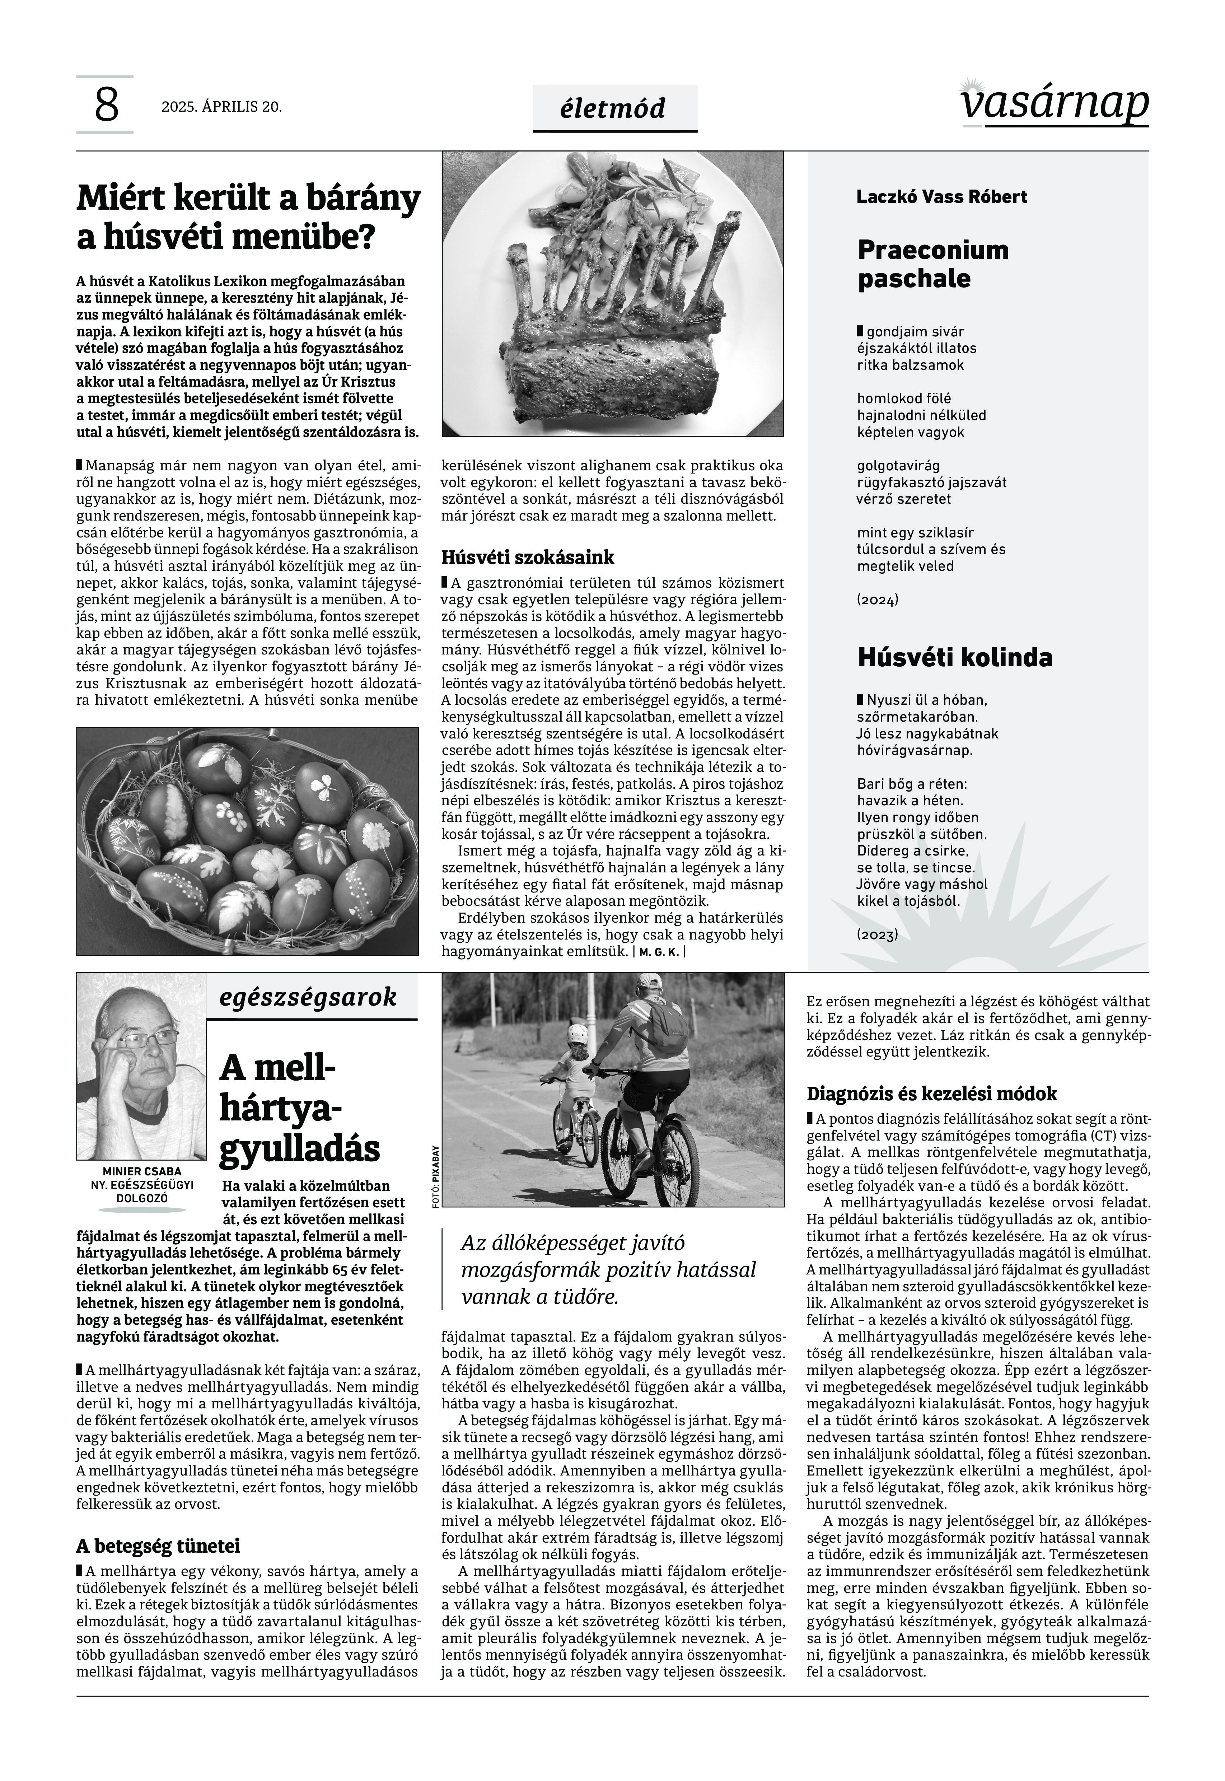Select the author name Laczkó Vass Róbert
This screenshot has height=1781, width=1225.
(x=941, y=196)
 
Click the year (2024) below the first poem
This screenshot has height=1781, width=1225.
(x=877, y=600)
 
